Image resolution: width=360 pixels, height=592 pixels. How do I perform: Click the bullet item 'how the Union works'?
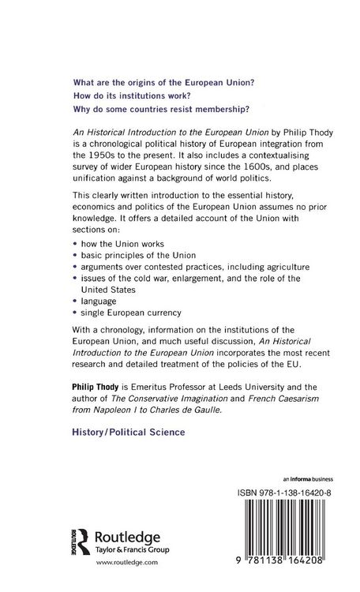click(122, 257)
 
